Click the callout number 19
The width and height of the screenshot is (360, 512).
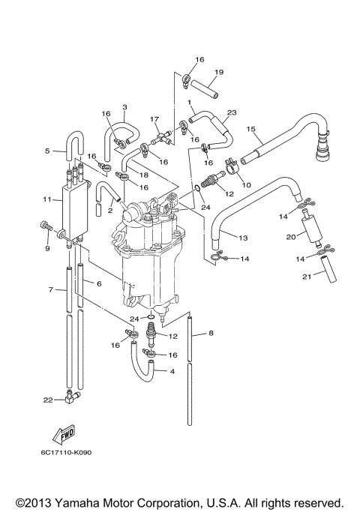click(218, 73)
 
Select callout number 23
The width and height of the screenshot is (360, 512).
click(232, 113)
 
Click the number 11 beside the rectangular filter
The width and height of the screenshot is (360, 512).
click(46, 200)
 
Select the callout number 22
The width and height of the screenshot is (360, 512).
click(47, 400)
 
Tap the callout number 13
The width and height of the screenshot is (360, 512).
click(242, 238)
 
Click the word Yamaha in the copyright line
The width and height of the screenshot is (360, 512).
click(78, 502)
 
